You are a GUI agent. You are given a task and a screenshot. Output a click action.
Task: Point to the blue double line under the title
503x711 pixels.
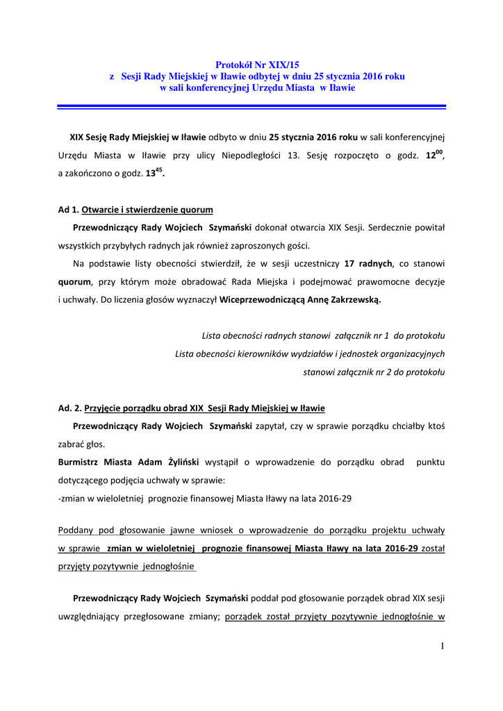click(x=251, y=106)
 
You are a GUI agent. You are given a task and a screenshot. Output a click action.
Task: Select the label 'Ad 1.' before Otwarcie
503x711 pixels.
click(x=68, y=209)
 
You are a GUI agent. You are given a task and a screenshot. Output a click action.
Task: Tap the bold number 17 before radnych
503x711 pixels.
click(x=349, y=264)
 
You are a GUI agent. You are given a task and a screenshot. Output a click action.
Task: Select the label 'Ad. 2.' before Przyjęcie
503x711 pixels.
click(x=69, y=408)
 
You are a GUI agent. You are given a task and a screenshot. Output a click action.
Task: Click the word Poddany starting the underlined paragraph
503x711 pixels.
click(x=76, y=530)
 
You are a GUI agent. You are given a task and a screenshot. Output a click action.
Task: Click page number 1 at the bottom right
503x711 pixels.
click(x=442, y=646)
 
